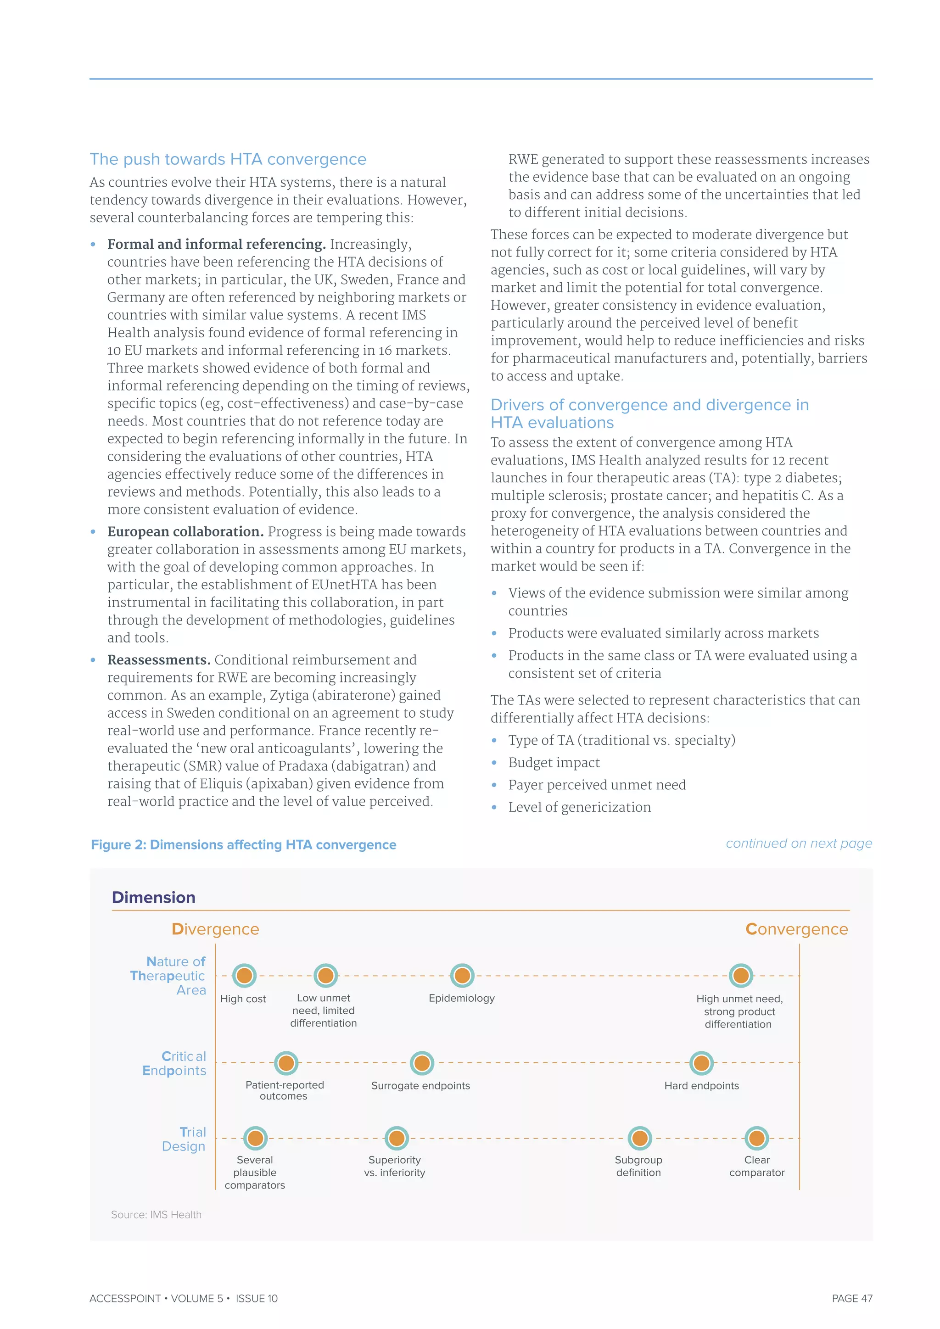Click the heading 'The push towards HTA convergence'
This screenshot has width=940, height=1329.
[x=228, y=159]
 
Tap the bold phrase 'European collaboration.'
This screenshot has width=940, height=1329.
[x=185, y=531]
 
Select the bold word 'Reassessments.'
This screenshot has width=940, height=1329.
[x=159, y=660]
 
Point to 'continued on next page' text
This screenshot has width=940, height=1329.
[x=799, y=843]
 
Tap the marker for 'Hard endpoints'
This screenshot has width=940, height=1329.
[x=701, y=1063]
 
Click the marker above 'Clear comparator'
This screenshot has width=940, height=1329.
[x=756, y=1138]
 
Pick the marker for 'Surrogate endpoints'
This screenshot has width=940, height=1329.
[x=422, y=1063]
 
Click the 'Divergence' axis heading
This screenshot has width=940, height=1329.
[x=215, y=929]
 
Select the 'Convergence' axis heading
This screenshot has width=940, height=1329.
[x=796, y=929]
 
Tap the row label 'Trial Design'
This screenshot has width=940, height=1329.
[x=184, y=1139]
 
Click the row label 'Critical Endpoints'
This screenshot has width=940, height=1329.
[x=175, y=1063]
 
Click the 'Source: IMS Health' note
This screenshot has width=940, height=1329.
[x=156, y=1214]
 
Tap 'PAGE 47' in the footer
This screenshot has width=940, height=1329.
[x=851, y=1298]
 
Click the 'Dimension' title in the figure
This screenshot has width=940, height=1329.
[x=153, y=897]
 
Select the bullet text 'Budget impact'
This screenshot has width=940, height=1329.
[x=554, y=762]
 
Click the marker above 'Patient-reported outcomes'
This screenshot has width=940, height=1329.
[x=286, y=1063]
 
